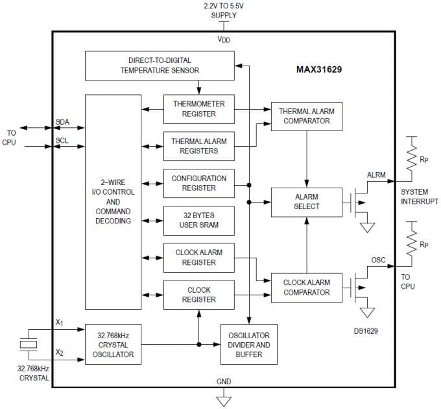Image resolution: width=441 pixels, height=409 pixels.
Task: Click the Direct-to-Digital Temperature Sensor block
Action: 159,66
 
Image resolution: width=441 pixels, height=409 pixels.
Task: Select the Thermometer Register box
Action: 199,109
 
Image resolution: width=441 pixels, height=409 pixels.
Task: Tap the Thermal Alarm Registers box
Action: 199,146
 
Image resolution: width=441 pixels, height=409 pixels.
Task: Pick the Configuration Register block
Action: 199,183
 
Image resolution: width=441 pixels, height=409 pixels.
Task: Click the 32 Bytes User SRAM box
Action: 199,220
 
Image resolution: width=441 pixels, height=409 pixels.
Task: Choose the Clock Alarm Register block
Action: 199,258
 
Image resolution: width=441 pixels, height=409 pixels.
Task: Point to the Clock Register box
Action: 199,295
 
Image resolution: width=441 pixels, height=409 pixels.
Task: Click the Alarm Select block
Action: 307,202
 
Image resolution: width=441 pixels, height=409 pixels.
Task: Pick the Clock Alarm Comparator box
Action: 307,288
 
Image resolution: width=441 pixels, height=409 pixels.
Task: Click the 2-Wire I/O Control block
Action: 113,202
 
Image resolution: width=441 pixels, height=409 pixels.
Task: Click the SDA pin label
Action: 63,122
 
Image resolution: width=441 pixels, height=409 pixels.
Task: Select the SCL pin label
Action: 63,140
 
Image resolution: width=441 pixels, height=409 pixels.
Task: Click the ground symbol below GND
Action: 224,401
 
